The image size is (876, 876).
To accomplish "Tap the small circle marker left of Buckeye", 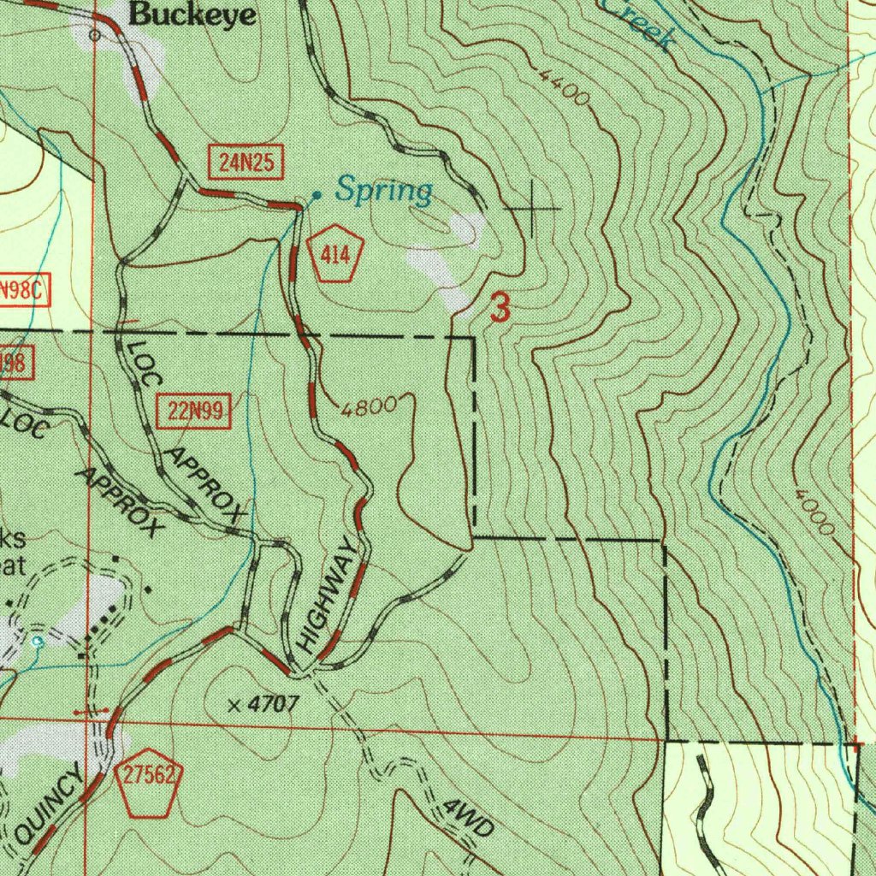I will click(x=95, y=35).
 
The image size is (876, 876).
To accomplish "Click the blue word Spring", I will click(x=383, y=191).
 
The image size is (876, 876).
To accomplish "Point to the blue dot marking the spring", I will click(x=317, y=196).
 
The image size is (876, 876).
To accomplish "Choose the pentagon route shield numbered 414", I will click(x=336, y=254).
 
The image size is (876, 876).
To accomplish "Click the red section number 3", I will click(x=500, y=308).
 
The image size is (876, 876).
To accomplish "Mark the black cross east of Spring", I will click(x=534, y=208).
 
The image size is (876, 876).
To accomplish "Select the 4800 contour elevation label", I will click(x=370, y=406).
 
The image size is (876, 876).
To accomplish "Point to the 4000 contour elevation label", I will click(x=813, y=512).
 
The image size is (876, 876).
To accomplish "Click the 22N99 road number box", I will click(x=196, y=412).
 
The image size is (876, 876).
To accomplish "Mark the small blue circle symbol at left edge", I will click(x=37, y=640).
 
